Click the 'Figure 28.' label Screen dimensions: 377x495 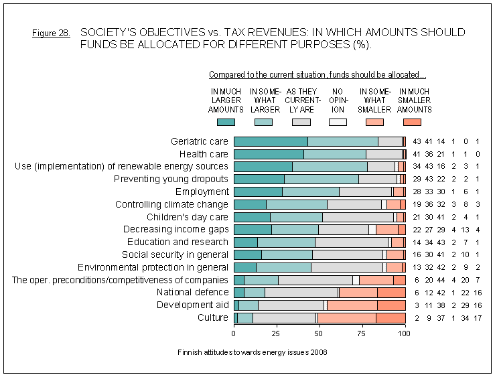point(51,33)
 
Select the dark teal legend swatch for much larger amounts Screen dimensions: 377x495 point(226,122)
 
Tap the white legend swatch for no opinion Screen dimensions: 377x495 point(338,122)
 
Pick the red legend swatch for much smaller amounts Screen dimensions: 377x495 point(413,122)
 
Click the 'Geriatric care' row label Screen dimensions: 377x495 point(200,141)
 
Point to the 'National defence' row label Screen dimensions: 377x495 point(192,292)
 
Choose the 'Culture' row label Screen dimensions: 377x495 point(213,317)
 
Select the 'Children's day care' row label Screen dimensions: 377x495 point(187,217)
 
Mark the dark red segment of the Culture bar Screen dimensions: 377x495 point(391,317)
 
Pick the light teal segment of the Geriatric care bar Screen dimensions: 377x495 point(342,141)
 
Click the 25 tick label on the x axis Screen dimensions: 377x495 point(277,333)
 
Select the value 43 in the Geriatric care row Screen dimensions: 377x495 point(417,141)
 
